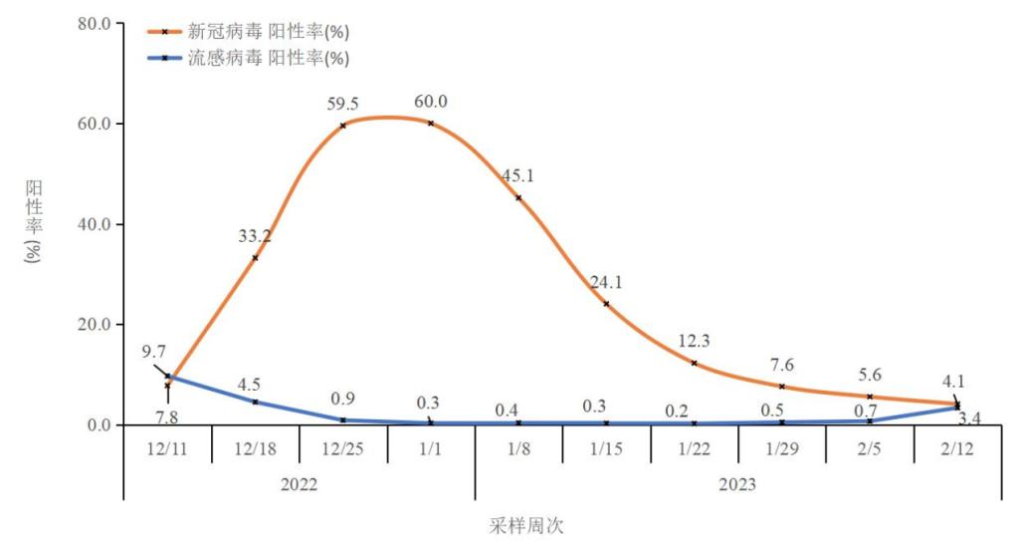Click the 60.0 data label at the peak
[x=431, y=102]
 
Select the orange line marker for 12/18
[x=255, y=257]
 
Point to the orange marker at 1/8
[x=518, y=197]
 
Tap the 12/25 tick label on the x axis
[x=343, y=449]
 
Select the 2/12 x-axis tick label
[x=957, y=449]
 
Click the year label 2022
[x=300, y=485]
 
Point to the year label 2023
[x=737, y=485]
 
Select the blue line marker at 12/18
[x=255, y=402]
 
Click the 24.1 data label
[x=607, y=281]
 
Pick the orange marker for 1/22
[x=694, y=363]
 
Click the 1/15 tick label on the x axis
[x=606, y=449]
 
